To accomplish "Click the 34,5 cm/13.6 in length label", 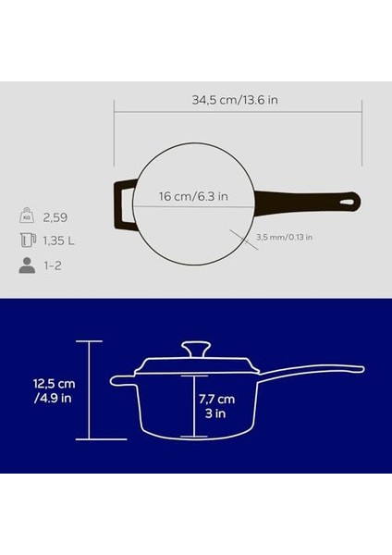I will pyautogui.click(x=237, y=99).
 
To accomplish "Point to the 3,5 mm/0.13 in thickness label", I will pyautogui.click(x=284, y=237).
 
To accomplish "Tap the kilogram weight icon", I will pyautogui.click(x=28, y=217).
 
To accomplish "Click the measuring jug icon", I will pyautogui.click(x=28, y=241).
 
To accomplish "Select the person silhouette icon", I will pyautogui.click(x=28, y=266).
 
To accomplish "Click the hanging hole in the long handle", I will pyautogui.click(x=349, y=199).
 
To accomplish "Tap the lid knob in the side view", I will pyautogui.click(x=195, y=349).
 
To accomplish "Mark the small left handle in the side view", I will pyautogui.click(x=123, y=379).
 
